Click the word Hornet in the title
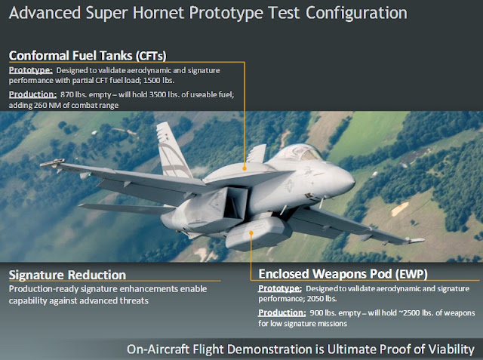point(158,13)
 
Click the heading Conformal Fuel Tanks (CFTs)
point(88,56)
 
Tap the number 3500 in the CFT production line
point(158,94)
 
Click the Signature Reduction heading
point(67,275)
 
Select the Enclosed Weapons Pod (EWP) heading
point(343,274)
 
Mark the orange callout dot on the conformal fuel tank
point(245,168)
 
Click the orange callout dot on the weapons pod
point(251,232)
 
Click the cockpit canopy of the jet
point(298,153)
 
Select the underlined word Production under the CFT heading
point(32,94)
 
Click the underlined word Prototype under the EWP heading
point(280,288)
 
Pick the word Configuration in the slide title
point(356,14)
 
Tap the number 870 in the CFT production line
point(66,94)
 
